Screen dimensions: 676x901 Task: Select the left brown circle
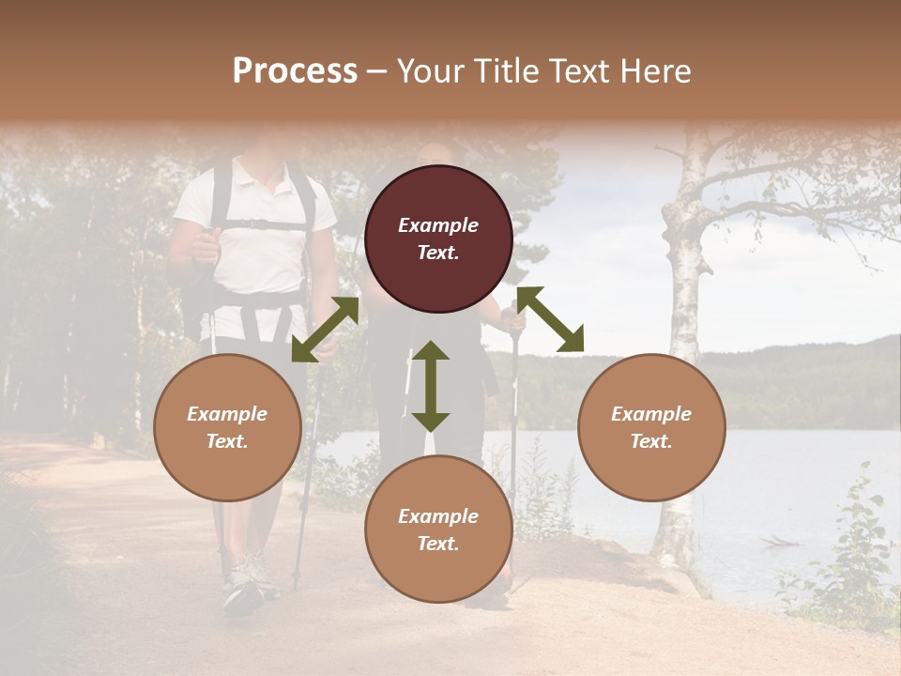pos(227,427)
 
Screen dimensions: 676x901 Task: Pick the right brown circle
pos(651,427)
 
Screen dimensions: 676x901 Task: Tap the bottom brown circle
pos(438,530)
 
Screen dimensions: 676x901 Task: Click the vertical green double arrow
pos(431,386)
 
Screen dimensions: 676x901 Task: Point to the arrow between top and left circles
pos(325,330)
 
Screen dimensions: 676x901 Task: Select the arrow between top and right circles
pos(550,319)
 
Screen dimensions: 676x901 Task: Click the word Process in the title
pos(295,71)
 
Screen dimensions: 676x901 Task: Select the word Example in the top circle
pos(438,225)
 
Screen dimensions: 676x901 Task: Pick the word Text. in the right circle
pos(651,441)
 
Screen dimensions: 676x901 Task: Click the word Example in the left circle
pos(227,414)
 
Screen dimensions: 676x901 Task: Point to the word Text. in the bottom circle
pos(438,544)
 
